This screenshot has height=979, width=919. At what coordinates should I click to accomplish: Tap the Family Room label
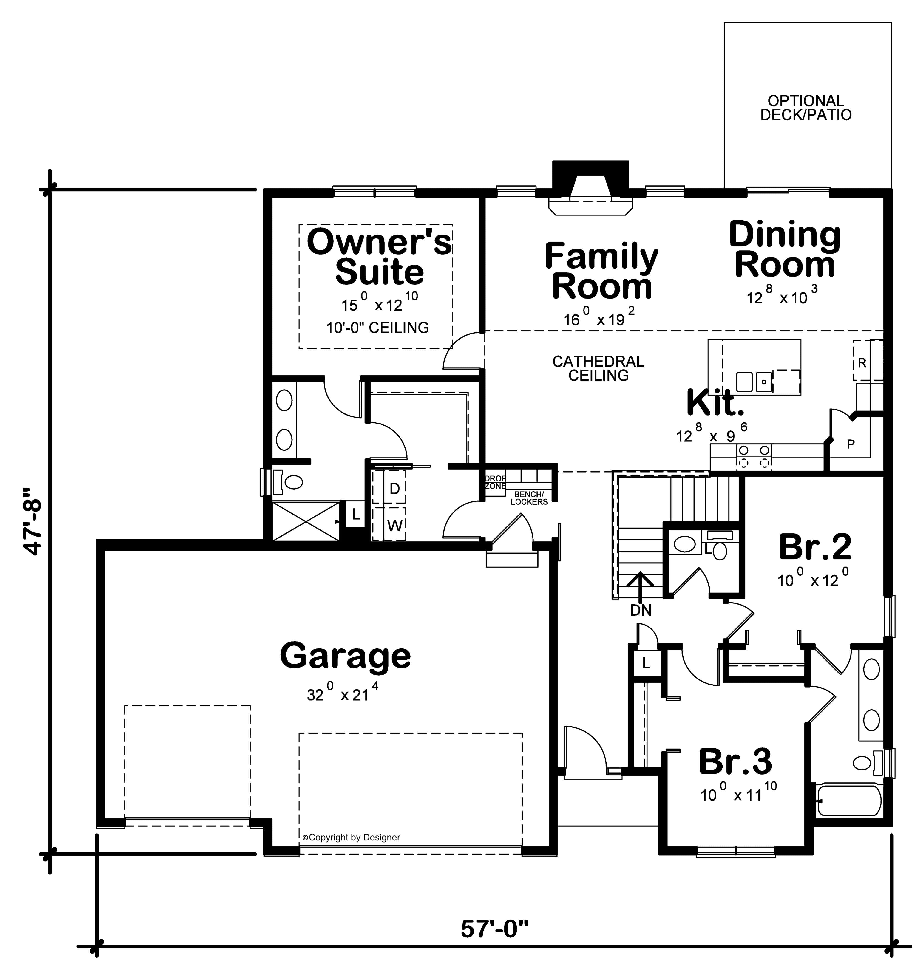(x=601, y=271)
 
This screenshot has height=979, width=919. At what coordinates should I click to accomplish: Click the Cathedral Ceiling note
(x=598, y=368)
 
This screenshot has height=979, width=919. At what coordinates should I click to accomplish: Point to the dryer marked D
(x=394, y=489)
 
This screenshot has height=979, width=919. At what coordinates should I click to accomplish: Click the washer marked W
(x=394, y=526)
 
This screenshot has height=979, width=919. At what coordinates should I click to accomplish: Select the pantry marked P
(x=851, y=444)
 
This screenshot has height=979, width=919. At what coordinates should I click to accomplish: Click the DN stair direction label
(x=641, y=611)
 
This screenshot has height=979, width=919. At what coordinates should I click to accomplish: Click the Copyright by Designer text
(x=351, y=837)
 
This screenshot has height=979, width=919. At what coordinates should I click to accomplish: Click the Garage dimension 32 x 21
(x=342, y=693)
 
